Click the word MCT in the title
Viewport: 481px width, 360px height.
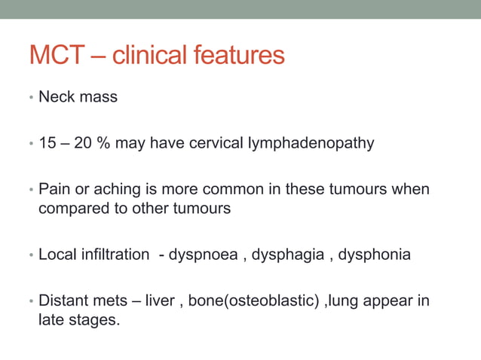click(59, 55)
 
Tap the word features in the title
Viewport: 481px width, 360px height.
click(243, 55)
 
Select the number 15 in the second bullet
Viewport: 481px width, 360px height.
click(47, 143)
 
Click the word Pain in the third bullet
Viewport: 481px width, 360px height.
click(53, 189)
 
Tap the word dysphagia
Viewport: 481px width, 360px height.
click(290, 255)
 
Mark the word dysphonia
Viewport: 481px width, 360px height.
click(374, 255)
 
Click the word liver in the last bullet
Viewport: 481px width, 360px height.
click(160, 301)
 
